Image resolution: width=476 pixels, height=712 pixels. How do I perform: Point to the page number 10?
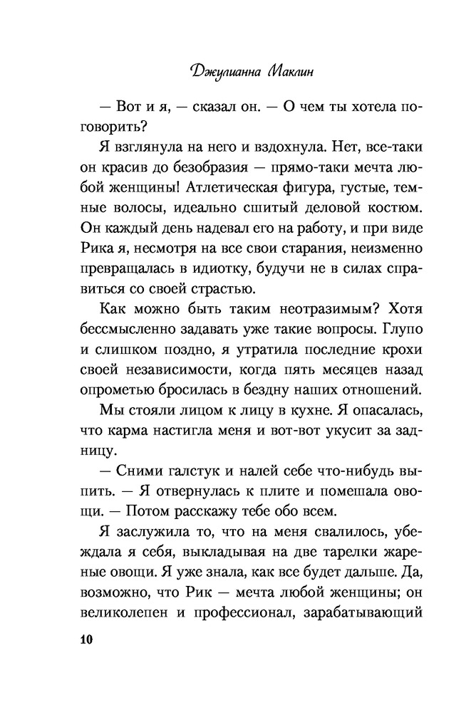click(83, 640)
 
